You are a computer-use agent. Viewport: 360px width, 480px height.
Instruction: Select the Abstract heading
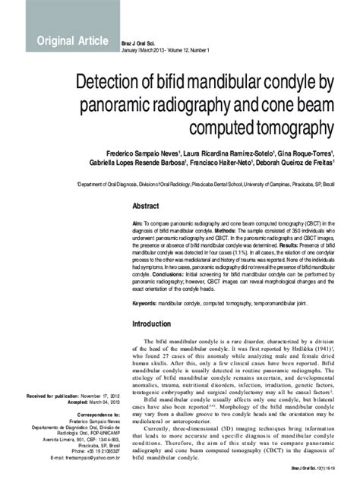146,207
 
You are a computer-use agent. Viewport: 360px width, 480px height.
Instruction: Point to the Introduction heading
158,324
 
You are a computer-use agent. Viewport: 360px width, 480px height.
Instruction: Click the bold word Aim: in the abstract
138,223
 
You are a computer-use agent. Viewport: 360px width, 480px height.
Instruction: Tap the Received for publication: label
52,396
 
